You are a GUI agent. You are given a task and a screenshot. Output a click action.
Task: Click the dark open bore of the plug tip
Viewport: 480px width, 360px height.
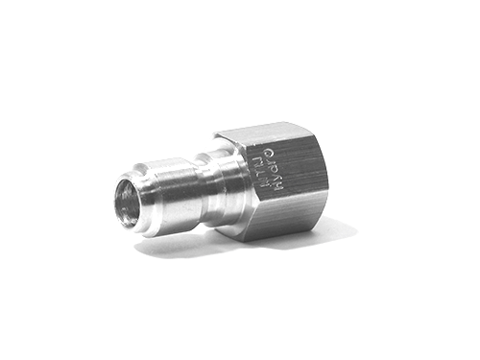tap(126, 202)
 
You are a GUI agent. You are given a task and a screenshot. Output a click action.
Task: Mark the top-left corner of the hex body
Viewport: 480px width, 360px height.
tap(215, 135)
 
